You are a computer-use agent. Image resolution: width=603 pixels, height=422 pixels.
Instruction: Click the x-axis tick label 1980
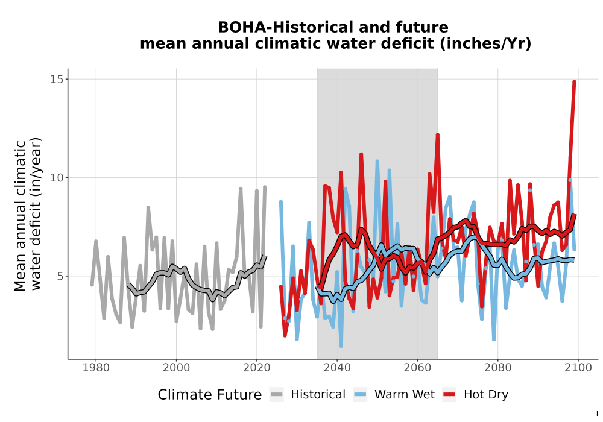96,368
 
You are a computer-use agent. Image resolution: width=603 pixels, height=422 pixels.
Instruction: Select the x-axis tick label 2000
176,368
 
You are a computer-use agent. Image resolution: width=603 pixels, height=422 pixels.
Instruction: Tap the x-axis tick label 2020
256,368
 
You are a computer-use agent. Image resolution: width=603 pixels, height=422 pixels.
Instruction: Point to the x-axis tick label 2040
337,368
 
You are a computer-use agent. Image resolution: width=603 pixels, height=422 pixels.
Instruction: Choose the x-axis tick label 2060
417,368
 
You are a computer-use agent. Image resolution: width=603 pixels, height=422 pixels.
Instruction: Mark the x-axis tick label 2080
497,368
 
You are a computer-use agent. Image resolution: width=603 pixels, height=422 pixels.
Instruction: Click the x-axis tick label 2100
578,368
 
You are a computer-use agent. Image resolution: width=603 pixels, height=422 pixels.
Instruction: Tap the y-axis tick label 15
56,79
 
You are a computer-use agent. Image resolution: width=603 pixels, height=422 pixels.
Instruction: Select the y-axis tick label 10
56,178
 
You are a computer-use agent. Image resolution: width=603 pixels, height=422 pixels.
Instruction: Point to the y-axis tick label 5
60,276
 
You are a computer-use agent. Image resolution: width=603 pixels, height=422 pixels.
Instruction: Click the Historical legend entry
308,395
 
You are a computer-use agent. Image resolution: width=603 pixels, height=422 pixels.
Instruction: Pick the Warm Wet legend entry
394,395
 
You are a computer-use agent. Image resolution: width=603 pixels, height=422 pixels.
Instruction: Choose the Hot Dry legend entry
475,395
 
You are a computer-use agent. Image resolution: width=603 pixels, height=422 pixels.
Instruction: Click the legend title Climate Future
210,395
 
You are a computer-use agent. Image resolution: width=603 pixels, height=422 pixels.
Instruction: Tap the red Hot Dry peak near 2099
574,81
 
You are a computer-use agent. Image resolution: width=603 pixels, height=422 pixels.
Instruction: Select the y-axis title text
27,214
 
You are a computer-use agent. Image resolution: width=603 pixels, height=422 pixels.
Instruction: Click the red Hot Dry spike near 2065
438,135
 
